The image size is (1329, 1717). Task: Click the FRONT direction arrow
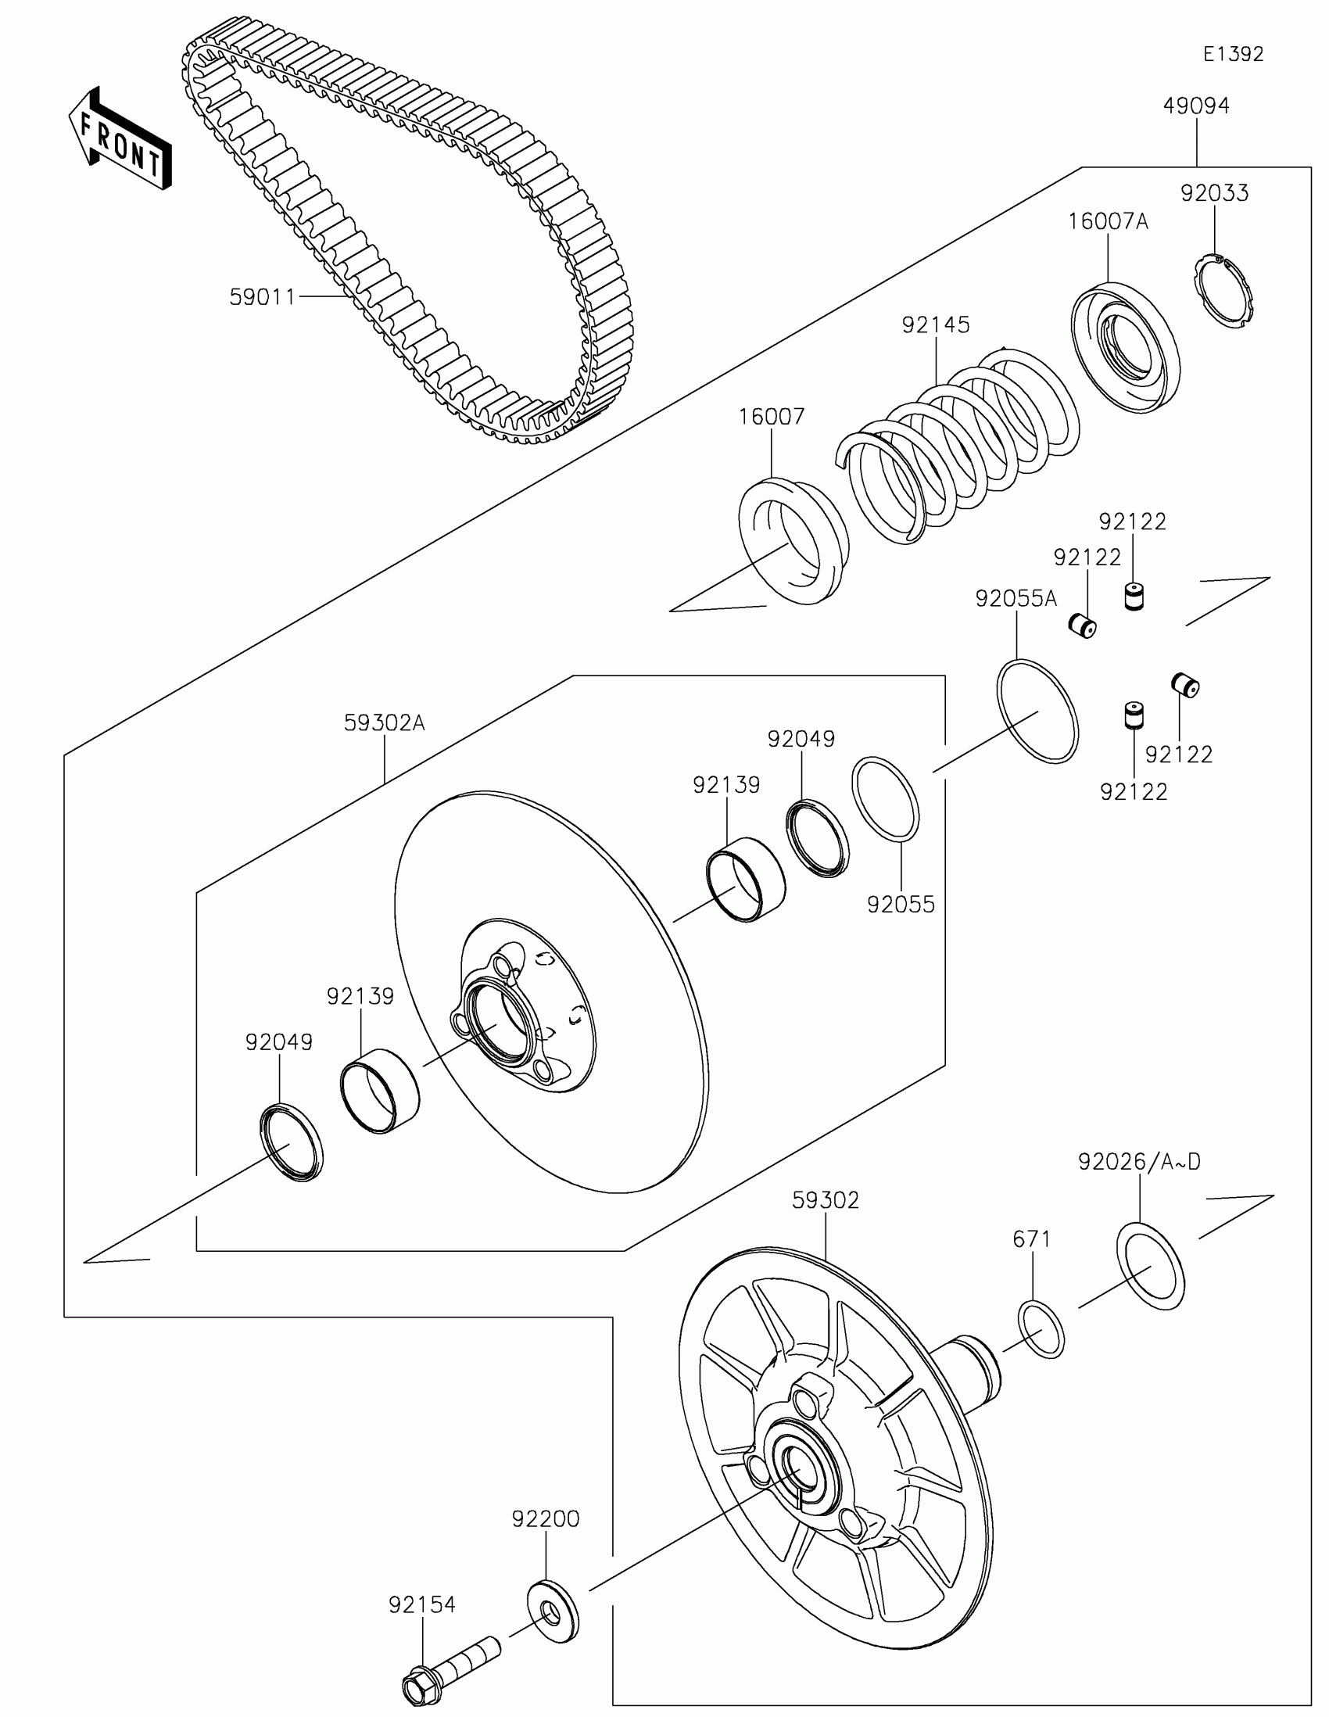pyautogui.click(x=120, y=138)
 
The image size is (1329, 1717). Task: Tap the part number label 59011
pyautogui.click(x=262, y=297)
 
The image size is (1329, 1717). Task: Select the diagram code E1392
pyautogui.click(x=1233, y=54)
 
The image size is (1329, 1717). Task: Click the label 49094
pyautogui.click(x=1196, y=106)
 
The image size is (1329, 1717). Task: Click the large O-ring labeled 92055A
pyautogui.click(x=1037, y=711)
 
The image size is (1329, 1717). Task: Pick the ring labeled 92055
pyautogui.click(x=886, y=799)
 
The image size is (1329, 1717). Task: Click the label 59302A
pyautogui.click(x=385, y=723)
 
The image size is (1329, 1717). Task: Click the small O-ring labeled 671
pyautogui.click(x=1041, y=1329)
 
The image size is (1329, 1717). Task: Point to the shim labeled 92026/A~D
pyautogui.click(x=1151, y=1267)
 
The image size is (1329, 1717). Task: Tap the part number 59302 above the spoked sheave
pyautogui.click(x=826, y=1200)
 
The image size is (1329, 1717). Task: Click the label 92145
pyautogui.click(x=935, y=324)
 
